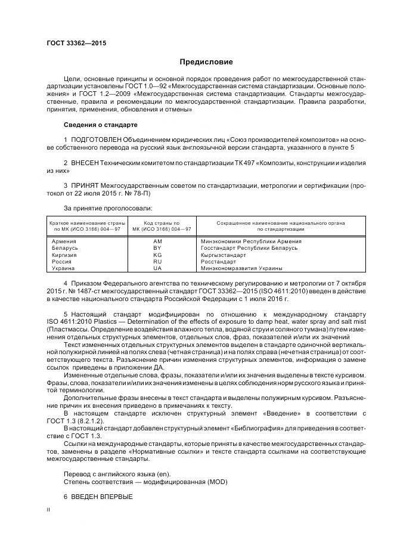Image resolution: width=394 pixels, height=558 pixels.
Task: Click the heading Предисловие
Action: [x=206, y=62]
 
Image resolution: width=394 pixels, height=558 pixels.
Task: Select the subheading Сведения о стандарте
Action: [x=100, y=125]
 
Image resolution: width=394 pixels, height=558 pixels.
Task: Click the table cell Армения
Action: [x=64, y=241]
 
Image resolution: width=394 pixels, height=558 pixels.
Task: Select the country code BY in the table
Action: [x=157, y=248]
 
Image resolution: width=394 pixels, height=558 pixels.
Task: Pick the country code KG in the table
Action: [x=157, y=255]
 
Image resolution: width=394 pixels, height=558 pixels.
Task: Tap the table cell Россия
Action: [x=62, y=261]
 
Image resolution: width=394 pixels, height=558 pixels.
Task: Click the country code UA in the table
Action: [x=157, y=268]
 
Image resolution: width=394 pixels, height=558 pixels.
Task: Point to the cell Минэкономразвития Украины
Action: [x=234, y=268]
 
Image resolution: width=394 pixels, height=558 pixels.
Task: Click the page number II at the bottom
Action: [x=48, y=510]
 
